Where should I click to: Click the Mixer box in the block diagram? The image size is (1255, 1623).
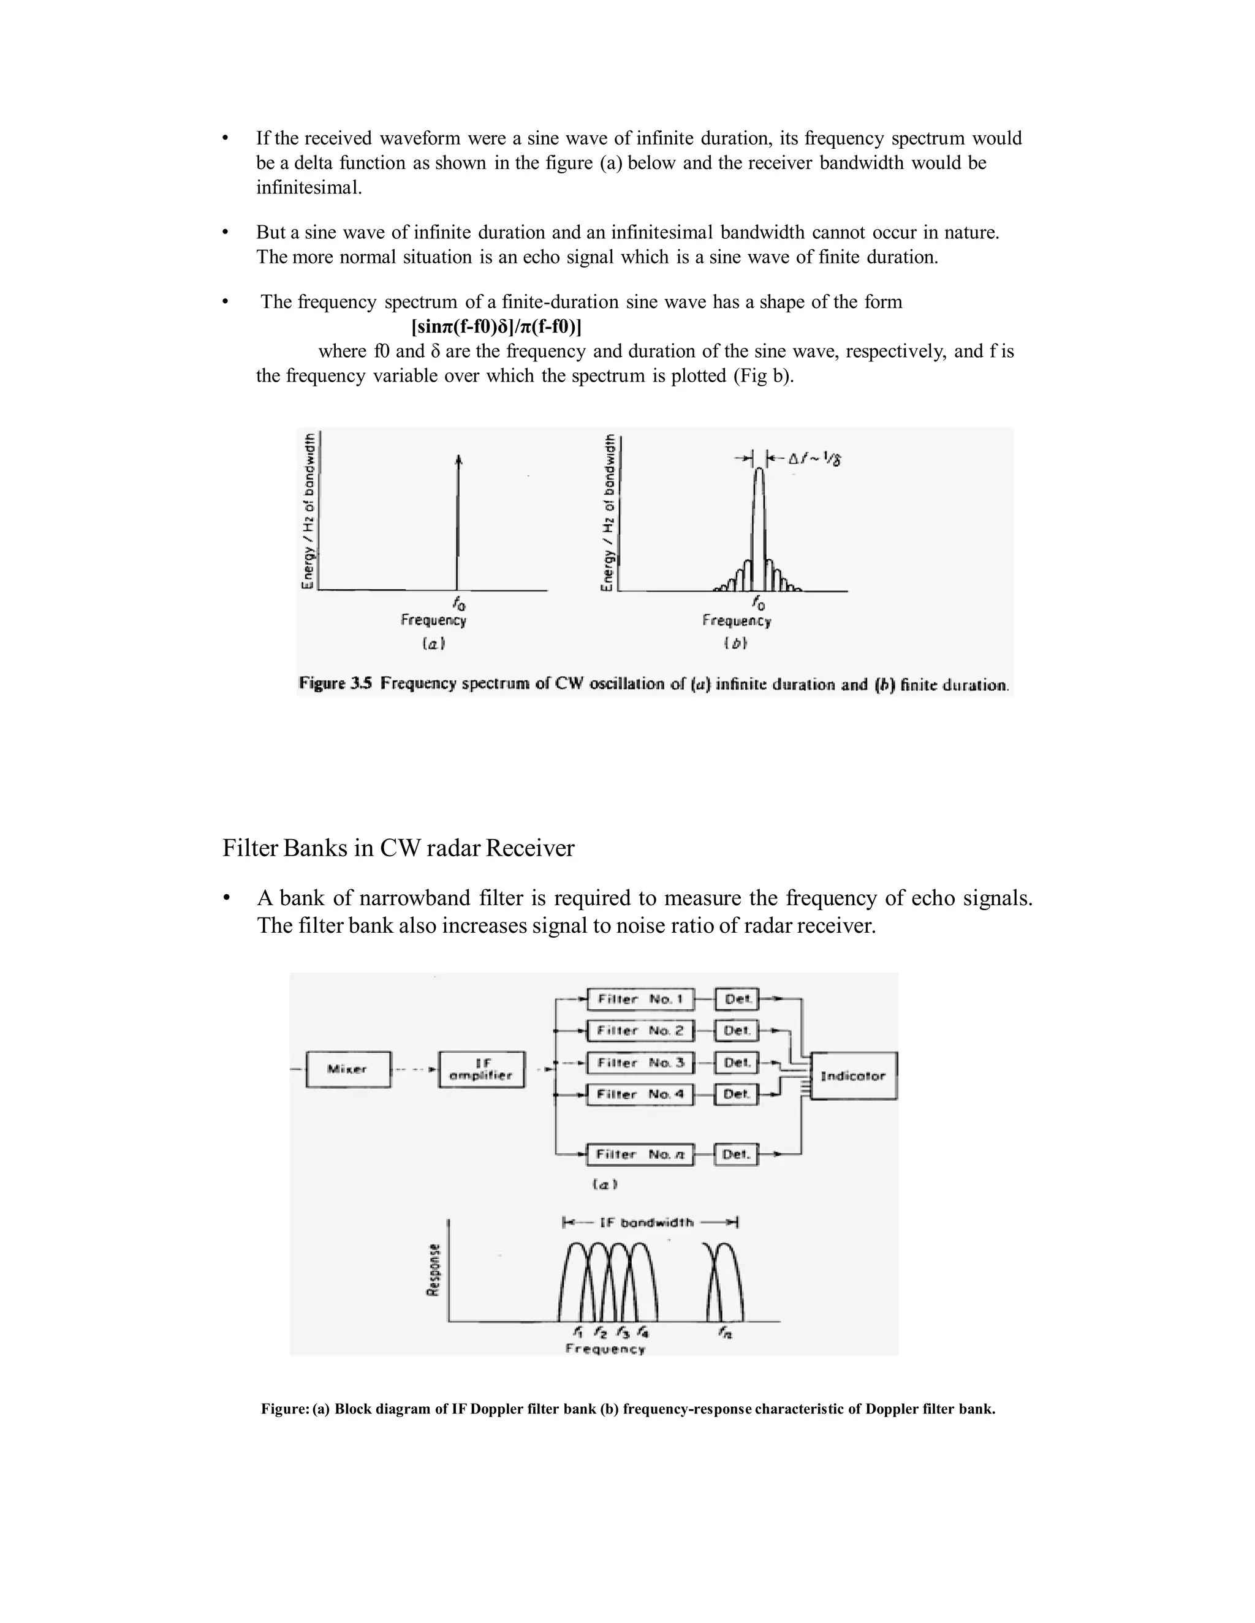pos(348,1069)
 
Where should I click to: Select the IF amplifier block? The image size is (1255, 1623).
pos(482,1069)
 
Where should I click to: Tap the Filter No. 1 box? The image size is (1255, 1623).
pos(640,1000)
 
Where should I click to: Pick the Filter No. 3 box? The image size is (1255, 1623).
pos(640,1063)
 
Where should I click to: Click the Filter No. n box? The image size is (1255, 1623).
pos(640,1154)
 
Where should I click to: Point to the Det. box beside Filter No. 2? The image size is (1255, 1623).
pos(737,1031)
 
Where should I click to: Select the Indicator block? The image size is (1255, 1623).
pos(854,1076)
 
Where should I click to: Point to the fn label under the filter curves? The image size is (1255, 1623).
pos(725,1333)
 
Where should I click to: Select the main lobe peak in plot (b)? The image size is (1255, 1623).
pos(759,471)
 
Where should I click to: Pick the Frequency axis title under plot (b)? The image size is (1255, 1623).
pos(736,620)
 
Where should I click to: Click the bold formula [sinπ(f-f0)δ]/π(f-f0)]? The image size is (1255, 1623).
pos(496,326)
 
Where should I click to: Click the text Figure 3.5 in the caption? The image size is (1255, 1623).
pos(335,683)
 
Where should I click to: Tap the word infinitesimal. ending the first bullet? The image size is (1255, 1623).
pos(309,187)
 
